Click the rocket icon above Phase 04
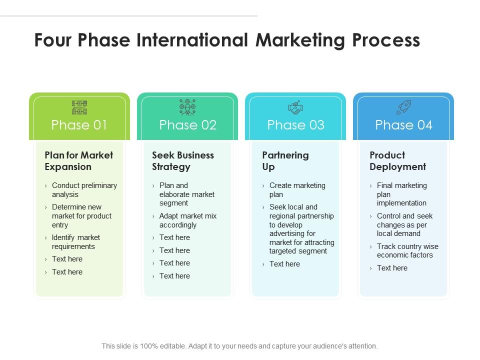403,107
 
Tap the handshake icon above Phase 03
295,107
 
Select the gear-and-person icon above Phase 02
187,107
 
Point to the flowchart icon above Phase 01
79,107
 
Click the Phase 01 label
79,125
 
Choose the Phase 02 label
187,125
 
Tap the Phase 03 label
295,125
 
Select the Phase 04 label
403,125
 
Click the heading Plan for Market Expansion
79,161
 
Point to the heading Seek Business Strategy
183,161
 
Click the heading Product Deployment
398,161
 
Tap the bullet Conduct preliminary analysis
84,190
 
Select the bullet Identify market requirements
75,242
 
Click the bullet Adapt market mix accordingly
187,220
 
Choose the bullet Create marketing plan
297,190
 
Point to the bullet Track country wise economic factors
407,250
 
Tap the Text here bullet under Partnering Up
284,264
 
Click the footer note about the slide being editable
239,346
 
